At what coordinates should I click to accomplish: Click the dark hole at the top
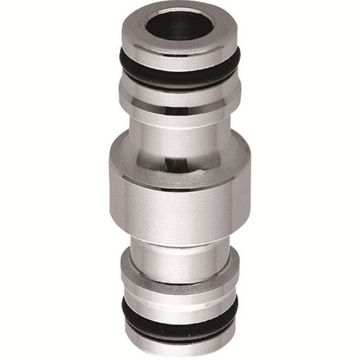(180, 24)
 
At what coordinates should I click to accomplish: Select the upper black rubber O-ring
(180, 76)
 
